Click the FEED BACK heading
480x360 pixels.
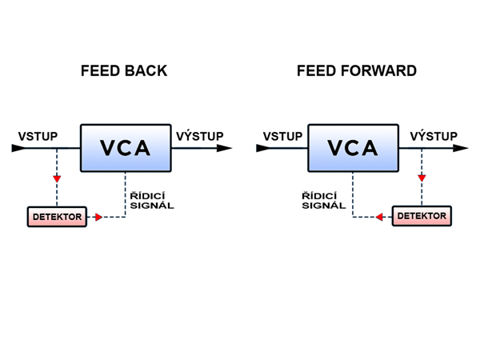(x=124, y=70)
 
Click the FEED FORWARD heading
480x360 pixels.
(x=356, y=70)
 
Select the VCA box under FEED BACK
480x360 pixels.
(x=126, y=148)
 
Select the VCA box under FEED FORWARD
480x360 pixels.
(x=354, y=148)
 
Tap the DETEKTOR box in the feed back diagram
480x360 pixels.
(x=57, y=217)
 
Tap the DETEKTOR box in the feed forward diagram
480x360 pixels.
(x=422, y=216)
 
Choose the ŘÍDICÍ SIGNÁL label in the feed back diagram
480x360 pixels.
(x=151, y=200)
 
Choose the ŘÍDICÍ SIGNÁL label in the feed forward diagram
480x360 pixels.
(x=323, y=200)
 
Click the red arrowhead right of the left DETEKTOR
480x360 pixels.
(x=98, y=217)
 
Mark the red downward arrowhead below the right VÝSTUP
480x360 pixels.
(x=422, y=178)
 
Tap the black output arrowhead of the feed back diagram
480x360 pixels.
(x=226, y=148)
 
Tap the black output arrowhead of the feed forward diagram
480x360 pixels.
(x=462, y=148)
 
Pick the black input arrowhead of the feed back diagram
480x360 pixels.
(x=18, y=148)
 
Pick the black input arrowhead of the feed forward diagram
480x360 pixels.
(x=262, y=148)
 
